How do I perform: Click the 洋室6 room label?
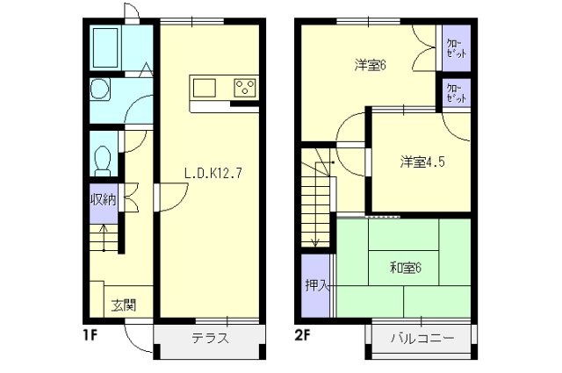[x=371, y=64]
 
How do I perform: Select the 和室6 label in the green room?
[x=406, y=268]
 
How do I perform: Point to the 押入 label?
[x=315, y=286]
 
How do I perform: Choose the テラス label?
[x=210, y=339]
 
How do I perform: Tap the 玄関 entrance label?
[x=123, y=305]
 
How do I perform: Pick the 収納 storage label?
[x=103, y=199]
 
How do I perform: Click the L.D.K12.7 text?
[x=213, y=173]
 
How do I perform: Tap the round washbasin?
[x=99, y=90]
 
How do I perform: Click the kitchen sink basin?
[x=204, y=87]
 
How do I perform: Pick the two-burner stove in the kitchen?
[x=244, y=87]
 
